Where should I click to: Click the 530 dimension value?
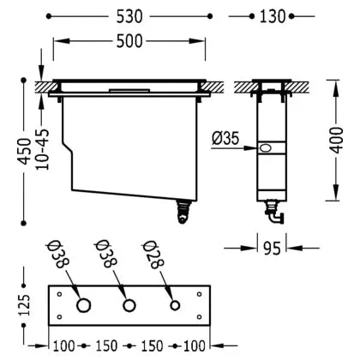point(129,16)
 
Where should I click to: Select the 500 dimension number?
point(129,41)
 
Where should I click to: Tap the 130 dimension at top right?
point(273,16)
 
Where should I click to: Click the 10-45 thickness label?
point(42,149)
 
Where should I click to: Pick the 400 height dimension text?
point(336,141)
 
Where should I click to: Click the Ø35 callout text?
point(225,139)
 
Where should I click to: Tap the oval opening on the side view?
point(266,148)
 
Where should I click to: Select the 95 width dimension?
point(272,249)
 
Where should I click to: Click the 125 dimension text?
point(24,305)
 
